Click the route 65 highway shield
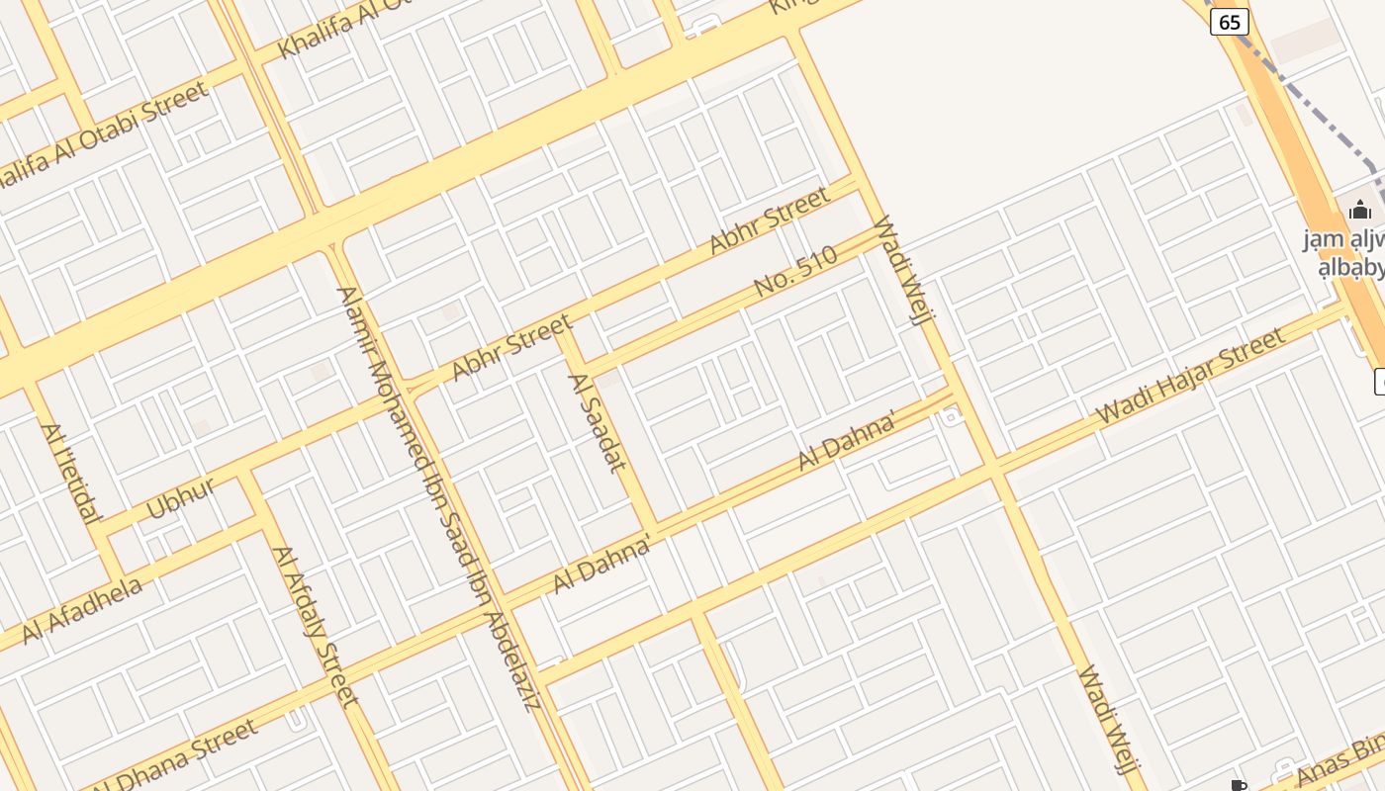1230,22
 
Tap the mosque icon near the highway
1360,210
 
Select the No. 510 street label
795,271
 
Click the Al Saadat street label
598,422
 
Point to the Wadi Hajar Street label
1191,376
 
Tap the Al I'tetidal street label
70,473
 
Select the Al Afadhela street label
82,609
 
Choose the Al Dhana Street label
178,756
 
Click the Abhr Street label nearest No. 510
770,220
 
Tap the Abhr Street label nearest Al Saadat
511,347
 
